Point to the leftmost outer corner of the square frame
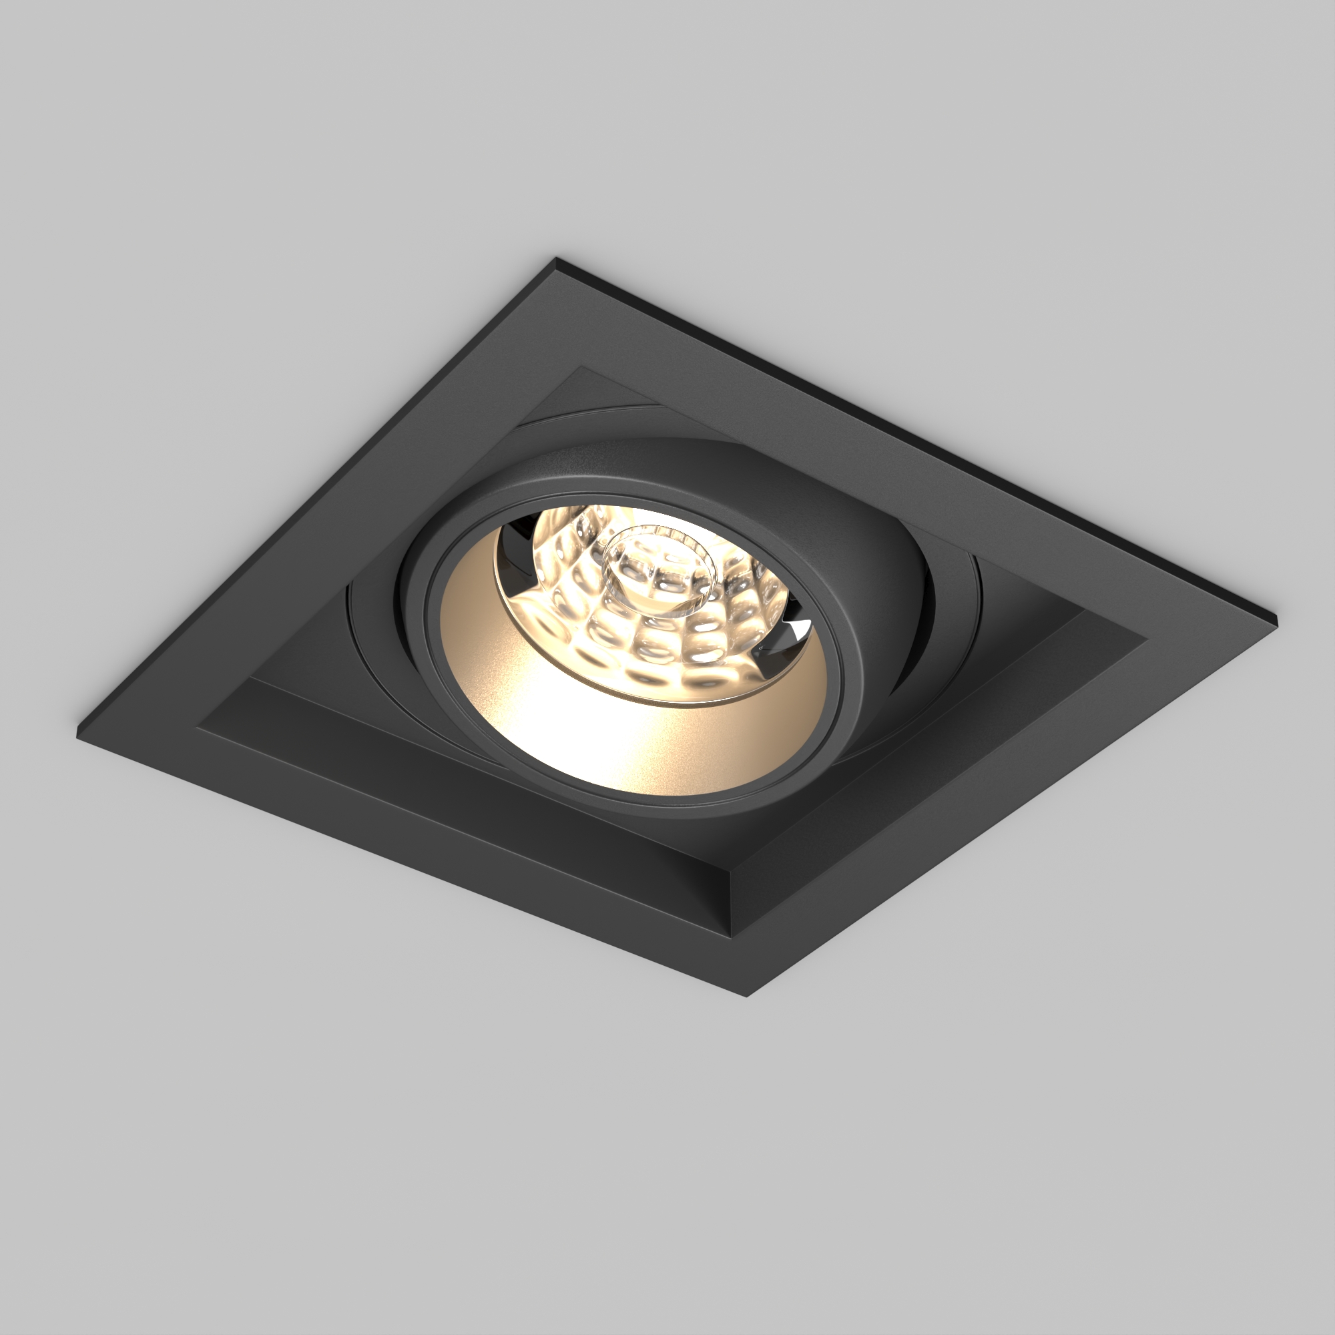point(77,728)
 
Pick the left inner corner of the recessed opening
point(198,725)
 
